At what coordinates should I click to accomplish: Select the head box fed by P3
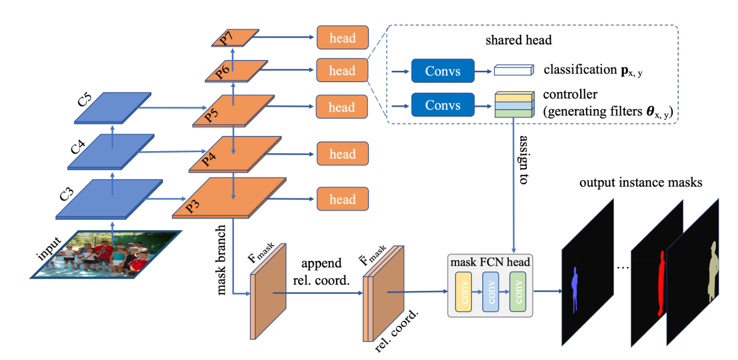[x=342, y=200]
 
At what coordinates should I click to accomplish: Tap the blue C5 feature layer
[x=113, y=108]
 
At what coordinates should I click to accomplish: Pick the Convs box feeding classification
[x=442, y=70]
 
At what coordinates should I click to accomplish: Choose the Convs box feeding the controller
[x=442, y=105]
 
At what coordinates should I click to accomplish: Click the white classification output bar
[x=513, y=70]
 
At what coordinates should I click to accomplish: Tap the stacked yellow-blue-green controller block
[x=514, y=103]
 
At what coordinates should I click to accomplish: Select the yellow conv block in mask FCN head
[x=464, y=292]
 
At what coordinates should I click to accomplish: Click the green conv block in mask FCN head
[x=518, y=292]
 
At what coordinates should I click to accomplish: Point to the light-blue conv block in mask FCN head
[x=491, y=292]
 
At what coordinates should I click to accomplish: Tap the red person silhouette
[x=660, y=282]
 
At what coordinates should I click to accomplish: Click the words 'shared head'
[x=519, y=40]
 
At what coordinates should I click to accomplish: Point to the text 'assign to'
[x=523, y=161]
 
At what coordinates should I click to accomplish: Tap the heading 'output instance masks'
[x=640, y=183]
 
